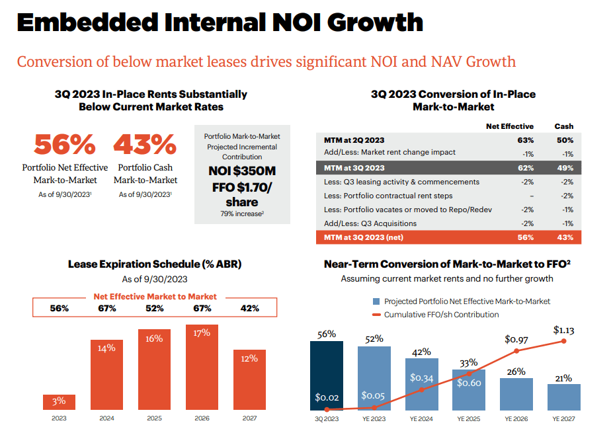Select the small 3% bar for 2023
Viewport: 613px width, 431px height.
click(x=59, y=402)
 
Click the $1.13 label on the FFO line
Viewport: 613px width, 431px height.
click(x=564, y=329)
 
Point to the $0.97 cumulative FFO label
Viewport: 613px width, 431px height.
click(x=516, y=339)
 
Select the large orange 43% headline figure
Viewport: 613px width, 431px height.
click(x=145, y=143)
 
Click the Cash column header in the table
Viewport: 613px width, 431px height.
click(x=564, y=126)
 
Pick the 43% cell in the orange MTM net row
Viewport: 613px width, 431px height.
click(x=565, y=237)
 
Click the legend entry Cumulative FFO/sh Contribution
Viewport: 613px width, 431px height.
click(x=441, y=315)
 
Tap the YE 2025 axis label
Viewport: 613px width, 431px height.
click(x=469, y=418)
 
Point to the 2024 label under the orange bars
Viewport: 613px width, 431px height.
click(x=106, y=418)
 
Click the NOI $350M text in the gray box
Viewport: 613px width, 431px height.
click(x=241, y=171)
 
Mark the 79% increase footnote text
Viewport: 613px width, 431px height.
click(x=241, y=214)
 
